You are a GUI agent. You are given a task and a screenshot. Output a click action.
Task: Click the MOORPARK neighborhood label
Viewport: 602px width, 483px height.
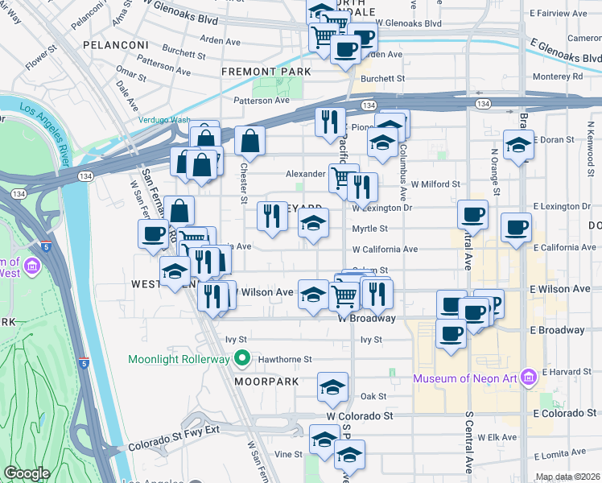point(267,381)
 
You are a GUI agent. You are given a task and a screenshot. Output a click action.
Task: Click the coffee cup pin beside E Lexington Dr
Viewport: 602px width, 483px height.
point(472,214)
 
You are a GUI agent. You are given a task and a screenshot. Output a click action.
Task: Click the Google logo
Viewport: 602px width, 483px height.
point(27,474)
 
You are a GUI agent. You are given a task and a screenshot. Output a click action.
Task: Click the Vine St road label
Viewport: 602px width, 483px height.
point(288,455)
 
